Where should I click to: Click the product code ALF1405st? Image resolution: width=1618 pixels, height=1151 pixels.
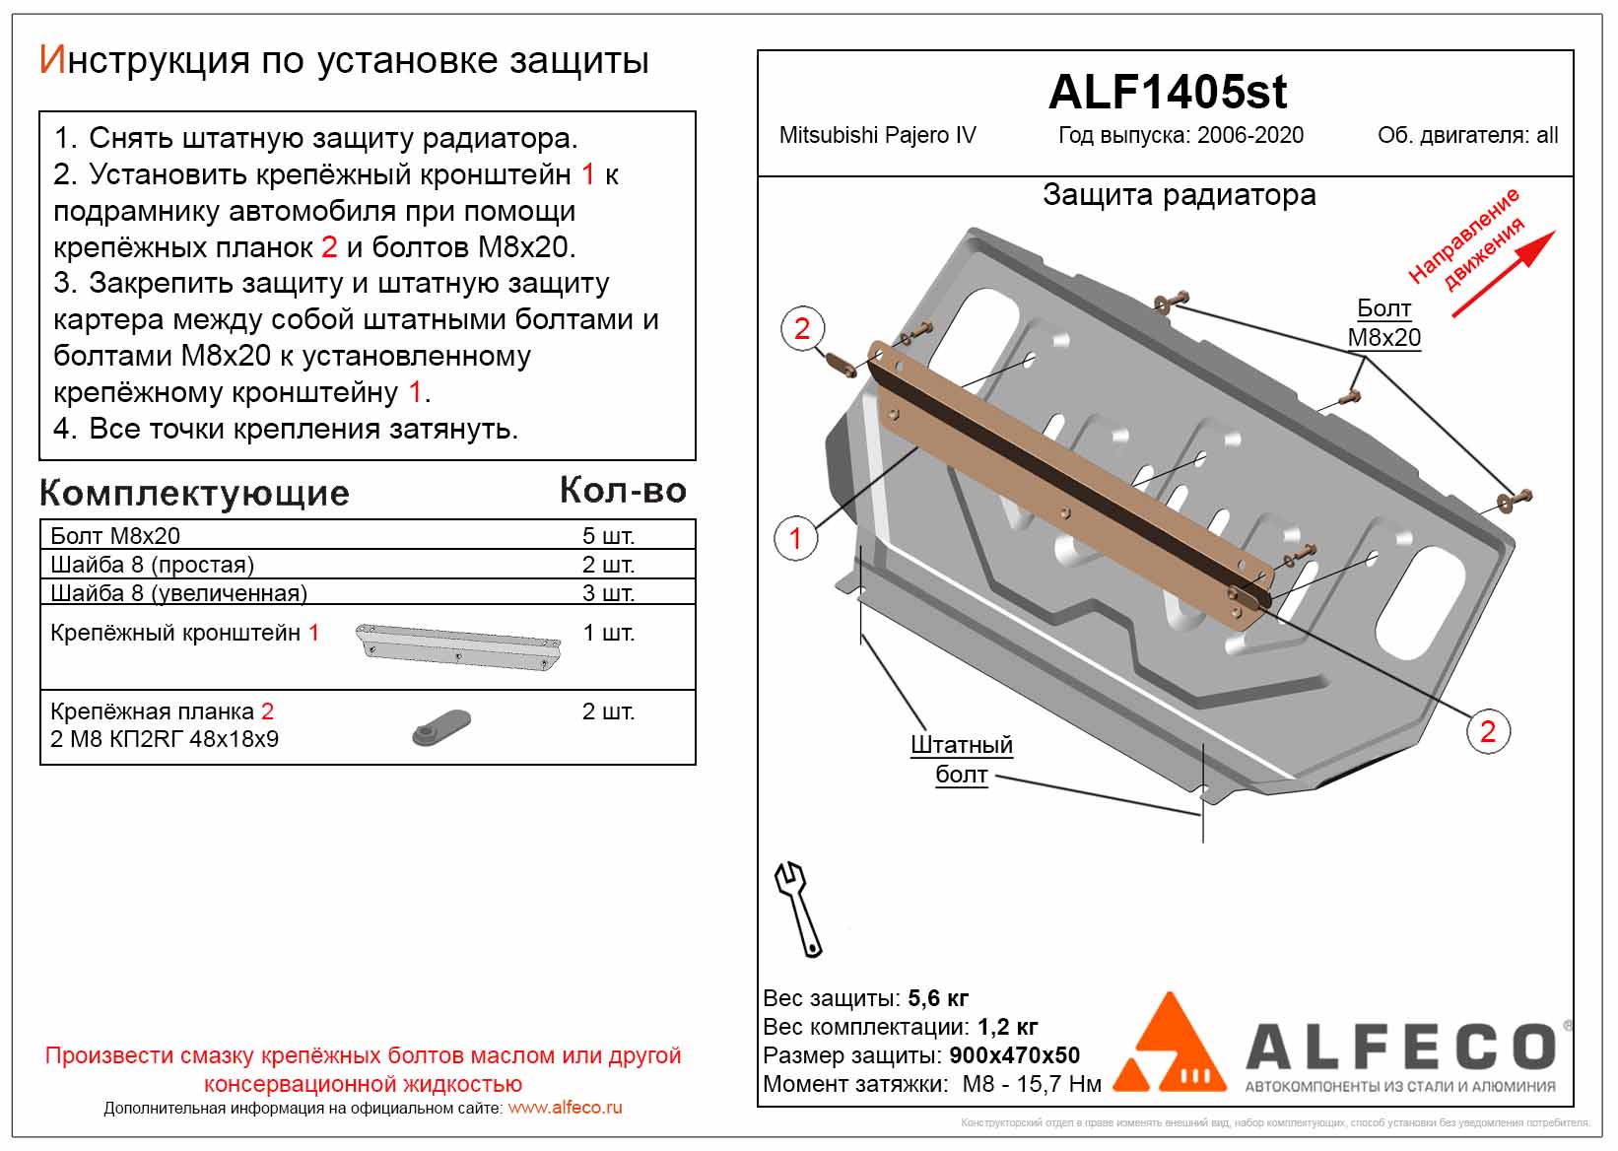[x=1167, y=92]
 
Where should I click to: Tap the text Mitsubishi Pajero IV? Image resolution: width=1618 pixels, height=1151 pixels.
[x=877, y=136]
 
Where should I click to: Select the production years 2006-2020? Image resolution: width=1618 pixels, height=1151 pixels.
[x=1249, y=136]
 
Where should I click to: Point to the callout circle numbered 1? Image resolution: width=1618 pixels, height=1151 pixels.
[x=796, y=538]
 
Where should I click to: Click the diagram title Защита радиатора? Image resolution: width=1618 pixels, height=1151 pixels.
[x=1179, y=195]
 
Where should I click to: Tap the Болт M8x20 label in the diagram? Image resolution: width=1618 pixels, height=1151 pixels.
[x=1383, y=323]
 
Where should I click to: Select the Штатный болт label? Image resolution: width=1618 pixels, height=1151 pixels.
[x=961, y=760]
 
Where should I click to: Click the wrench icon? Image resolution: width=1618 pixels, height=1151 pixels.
[x=798, y=909]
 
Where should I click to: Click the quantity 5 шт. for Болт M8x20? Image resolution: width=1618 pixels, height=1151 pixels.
[x=608, y=536]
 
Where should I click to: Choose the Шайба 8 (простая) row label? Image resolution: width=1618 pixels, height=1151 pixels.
[x=152, y=565]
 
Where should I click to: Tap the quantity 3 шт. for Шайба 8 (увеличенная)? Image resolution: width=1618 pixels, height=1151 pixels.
[x=608, y=593]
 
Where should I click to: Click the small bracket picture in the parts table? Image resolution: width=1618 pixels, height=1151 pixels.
[x=457, y=646]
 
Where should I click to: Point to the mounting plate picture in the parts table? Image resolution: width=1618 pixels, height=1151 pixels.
[x=440, y=727]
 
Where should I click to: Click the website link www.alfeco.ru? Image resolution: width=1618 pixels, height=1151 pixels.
[x=565, y=1108]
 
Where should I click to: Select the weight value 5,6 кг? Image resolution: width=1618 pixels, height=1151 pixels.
[x=937, y=998]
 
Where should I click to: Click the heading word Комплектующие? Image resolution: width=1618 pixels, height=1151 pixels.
[x=194, y=493]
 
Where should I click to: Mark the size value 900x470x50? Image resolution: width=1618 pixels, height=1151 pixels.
[x=1014, y=1055]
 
